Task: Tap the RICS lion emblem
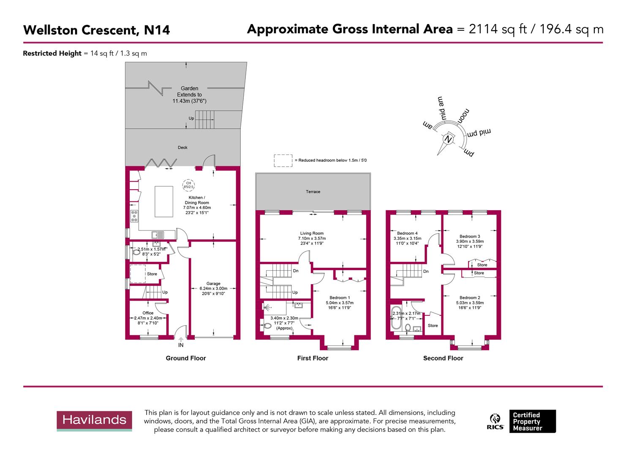tap(495, 418)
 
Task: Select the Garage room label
tap(213, 284)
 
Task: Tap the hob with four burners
tap(134, 216)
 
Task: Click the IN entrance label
tap(181, 345)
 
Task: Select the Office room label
tap(148, 313)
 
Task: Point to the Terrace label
tap(313, 192)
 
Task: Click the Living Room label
tap(312, 233)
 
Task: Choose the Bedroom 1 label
tap(338, 298)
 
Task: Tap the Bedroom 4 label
tap(407, 233)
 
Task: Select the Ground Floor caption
tap(185, 358)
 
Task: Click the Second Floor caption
tap(443, 358)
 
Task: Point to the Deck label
tap(182, 147)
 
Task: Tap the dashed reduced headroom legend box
tap(283, 160)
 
